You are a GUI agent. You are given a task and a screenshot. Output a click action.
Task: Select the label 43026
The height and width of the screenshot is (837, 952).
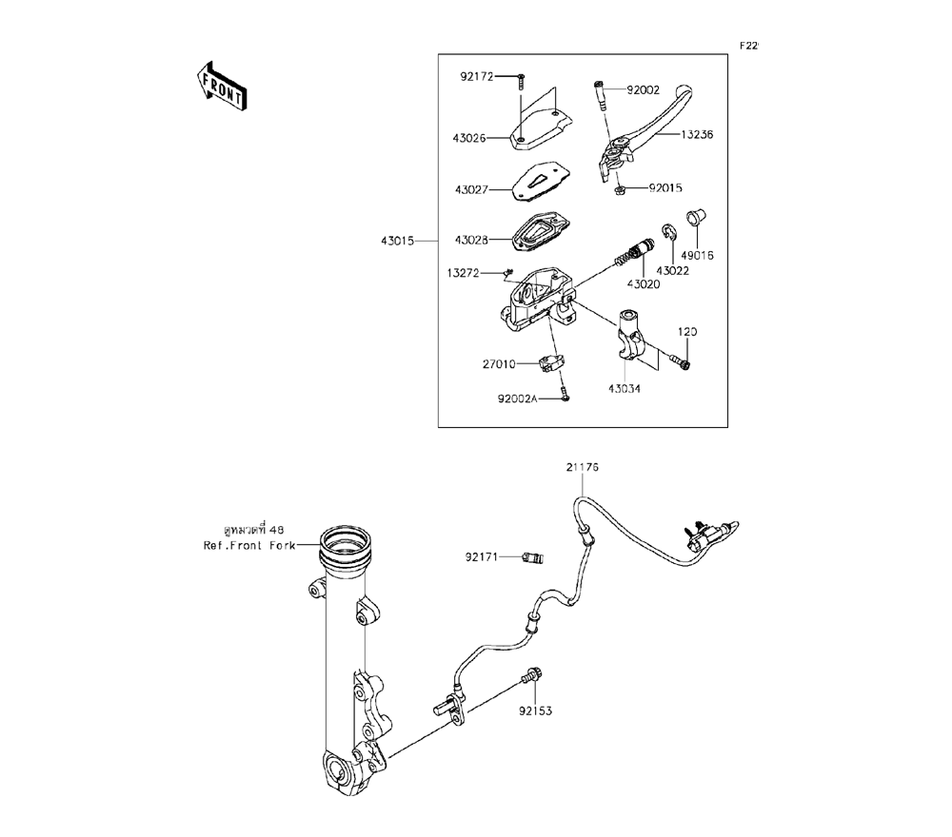tap(469, 138)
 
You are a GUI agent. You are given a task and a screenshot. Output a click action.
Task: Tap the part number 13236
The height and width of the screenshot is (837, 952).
tap(697, 135)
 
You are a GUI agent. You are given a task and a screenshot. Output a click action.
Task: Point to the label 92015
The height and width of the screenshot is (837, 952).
tap(666, 188)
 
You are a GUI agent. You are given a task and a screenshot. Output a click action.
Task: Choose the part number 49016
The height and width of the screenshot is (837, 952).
tap(698, 255)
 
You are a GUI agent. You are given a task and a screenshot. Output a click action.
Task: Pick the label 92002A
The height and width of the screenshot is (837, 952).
tap(516, 399)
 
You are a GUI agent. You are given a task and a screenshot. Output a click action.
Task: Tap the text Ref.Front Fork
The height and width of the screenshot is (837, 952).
tap(249, 546)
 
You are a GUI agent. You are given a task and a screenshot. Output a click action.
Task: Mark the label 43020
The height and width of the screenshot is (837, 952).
tap(644, 284)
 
